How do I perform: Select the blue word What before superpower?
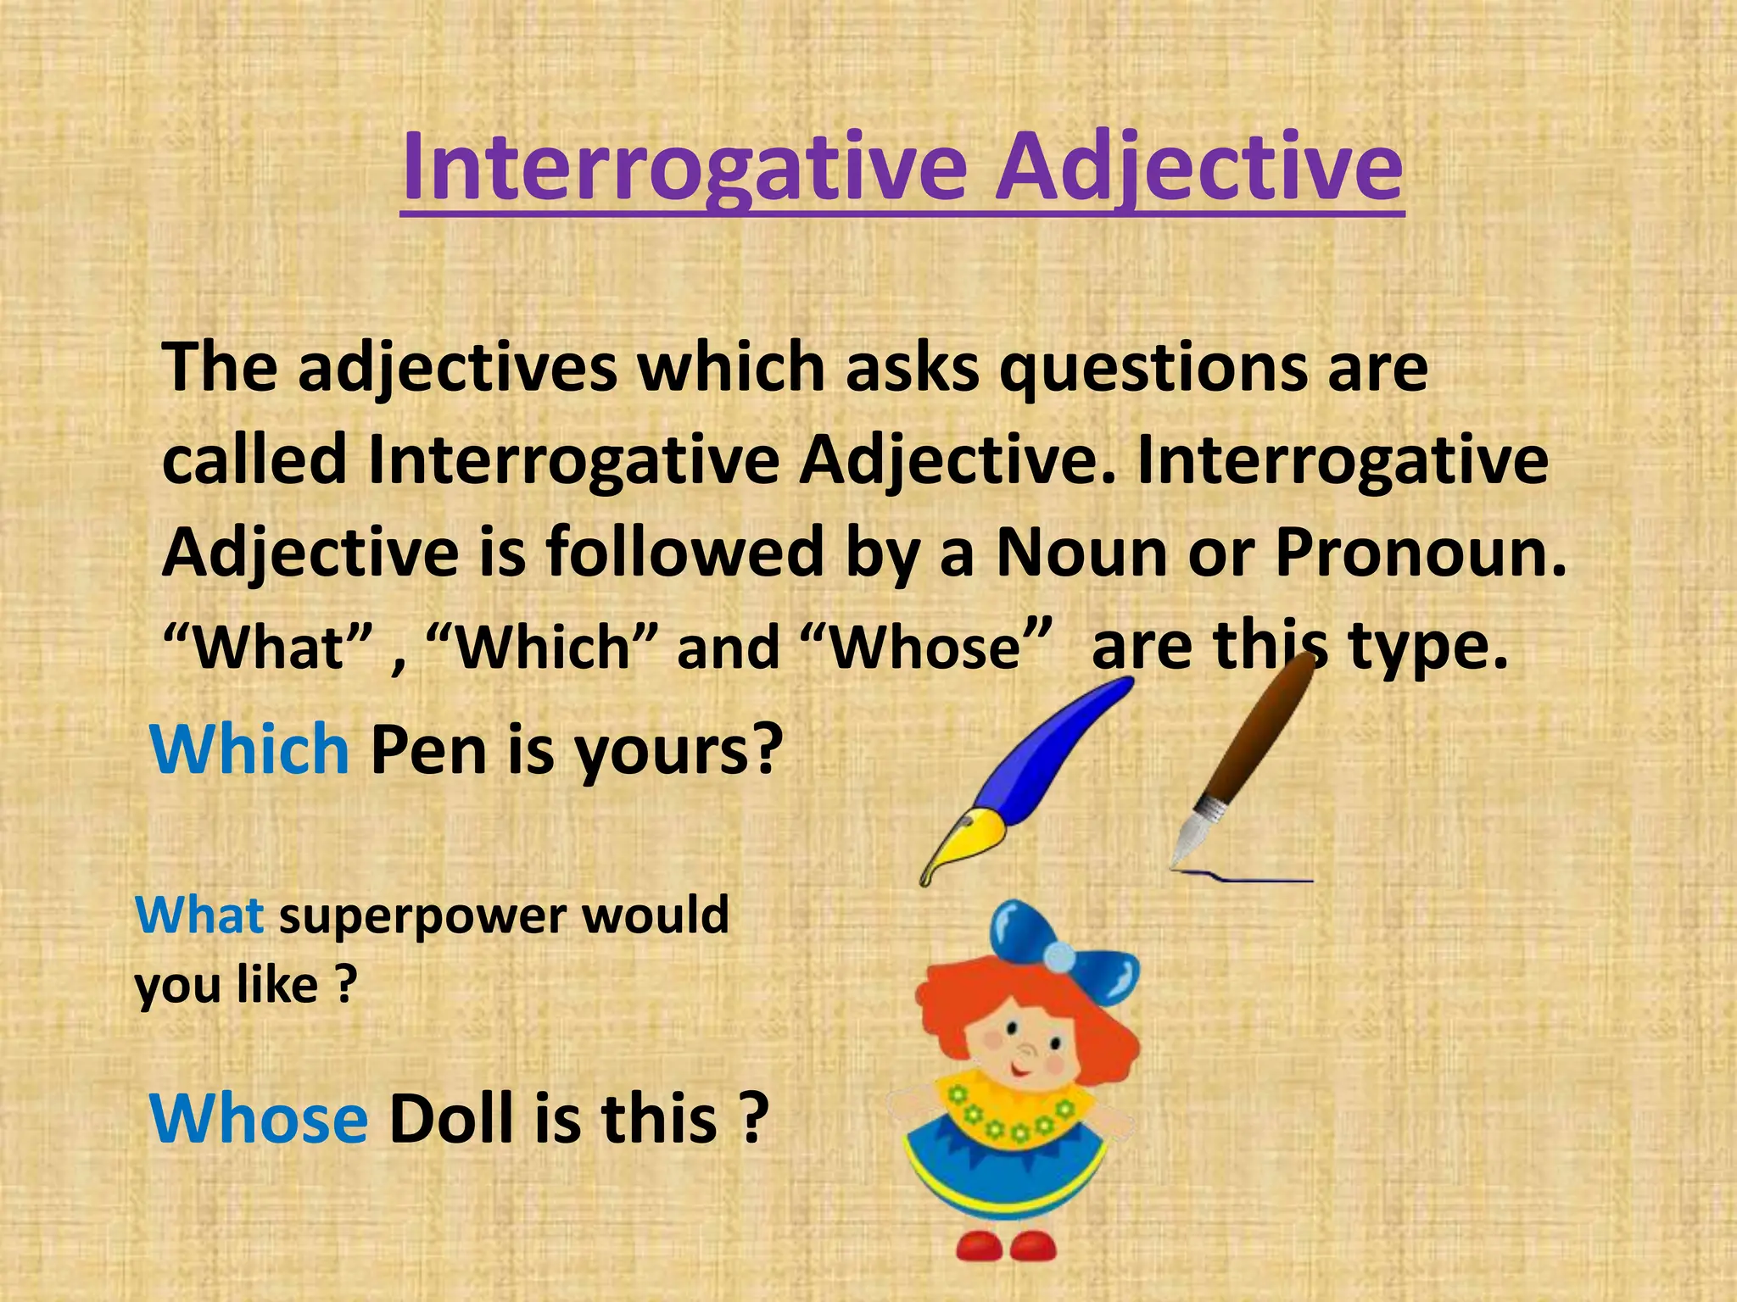[x=199, y=915]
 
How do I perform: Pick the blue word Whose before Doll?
[x=259, y=1119]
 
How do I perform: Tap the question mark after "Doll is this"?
[x=750, y=1119]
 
